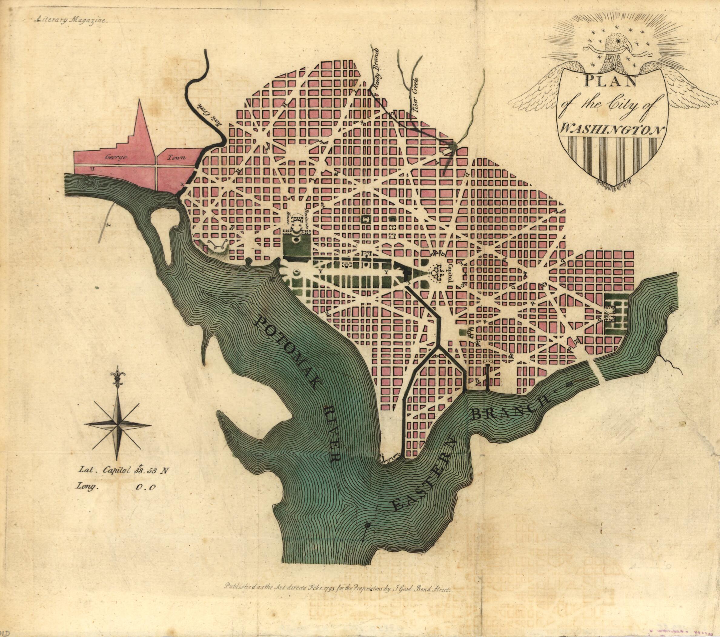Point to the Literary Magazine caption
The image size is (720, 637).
71,20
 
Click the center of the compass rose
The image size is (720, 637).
118,425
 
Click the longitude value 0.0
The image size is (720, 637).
145,488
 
